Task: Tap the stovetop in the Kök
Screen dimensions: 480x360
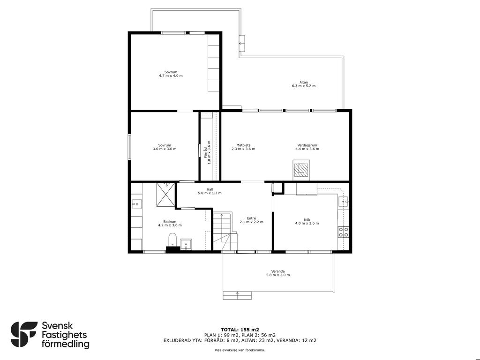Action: click(x=343, y=232)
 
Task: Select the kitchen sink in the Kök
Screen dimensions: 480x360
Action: click(x=343, y=202)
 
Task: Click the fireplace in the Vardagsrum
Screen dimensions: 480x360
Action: click(x=301, y=170)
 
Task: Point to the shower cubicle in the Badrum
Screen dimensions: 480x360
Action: click(x=165, y=194)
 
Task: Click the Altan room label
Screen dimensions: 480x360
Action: click(x=304, y=82)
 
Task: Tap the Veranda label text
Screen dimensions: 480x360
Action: click(x=278, y=271)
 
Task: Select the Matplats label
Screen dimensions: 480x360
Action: click(x=243, y=145)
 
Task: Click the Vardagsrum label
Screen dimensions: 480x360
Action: click(x=307, y=145)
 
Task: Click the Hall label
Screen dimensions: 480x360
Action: click(x=210, y=189)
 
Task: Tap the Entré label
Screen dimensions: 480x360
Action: click(x=251, y=218)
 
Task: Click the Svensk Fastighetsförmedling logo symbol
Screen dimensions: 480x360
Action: click(x=24, y=334)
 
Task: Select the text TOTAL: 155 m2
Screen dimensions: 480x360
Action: click(x=240, y=330)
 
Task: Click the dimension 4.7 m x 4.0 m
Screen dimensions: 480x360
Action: click(x=171, y=75)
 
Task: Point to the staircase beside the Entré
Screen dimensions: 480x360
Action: click(x=225, y=232)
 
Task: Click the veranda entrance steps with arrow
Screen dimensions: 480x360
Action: click(x=237, y=295)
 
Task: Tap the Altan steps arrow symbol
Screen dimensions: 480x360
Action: click(x=242, y=43)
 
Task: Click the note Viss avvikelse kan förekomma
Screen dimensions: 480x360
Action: click(x=240, y=350)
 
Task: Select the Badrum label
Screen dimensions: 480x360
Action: click(x=170, y=222)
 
